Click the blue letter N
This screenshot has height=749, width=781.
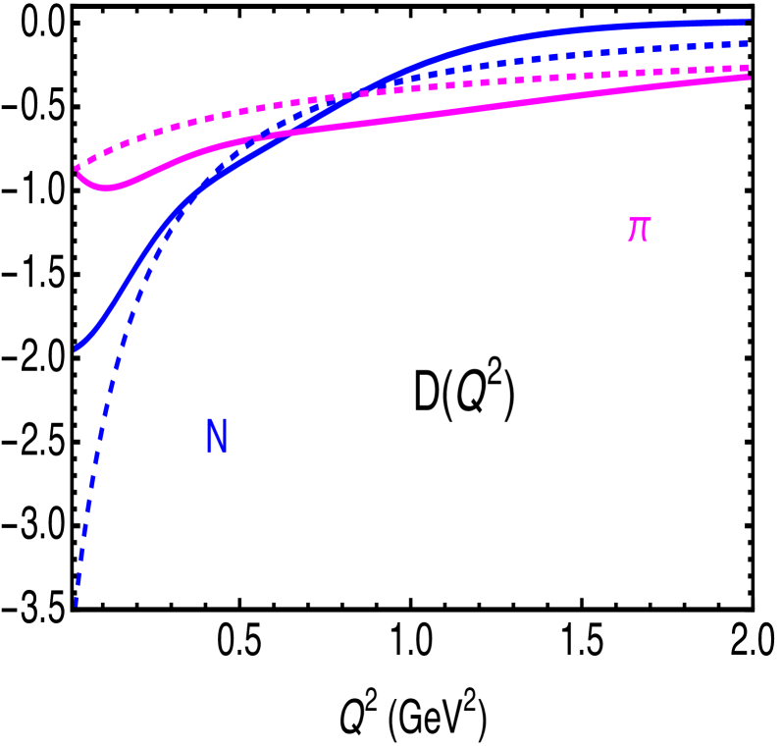pos(217,437)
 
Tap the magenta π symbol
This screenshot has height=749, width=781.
pos(639,229)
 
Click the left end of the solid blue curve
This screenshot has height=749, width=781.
pos(77,348)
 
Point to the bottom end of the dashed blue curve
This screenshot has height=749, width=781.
pos(76,605)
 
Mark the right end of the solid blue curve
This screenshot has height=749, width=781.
pos(749,21)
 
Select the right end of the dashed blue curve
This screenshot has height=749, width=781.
pos(749,43)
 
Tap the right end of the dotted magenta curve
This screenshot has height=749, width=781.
pos(749,67)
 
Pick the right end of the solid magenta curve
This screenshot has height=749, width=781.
pos(749,77)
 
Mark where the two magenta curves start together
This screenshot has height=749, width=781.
pos(78,169)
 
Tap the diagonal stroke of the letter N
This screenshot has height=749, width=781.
pos(217,437)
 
